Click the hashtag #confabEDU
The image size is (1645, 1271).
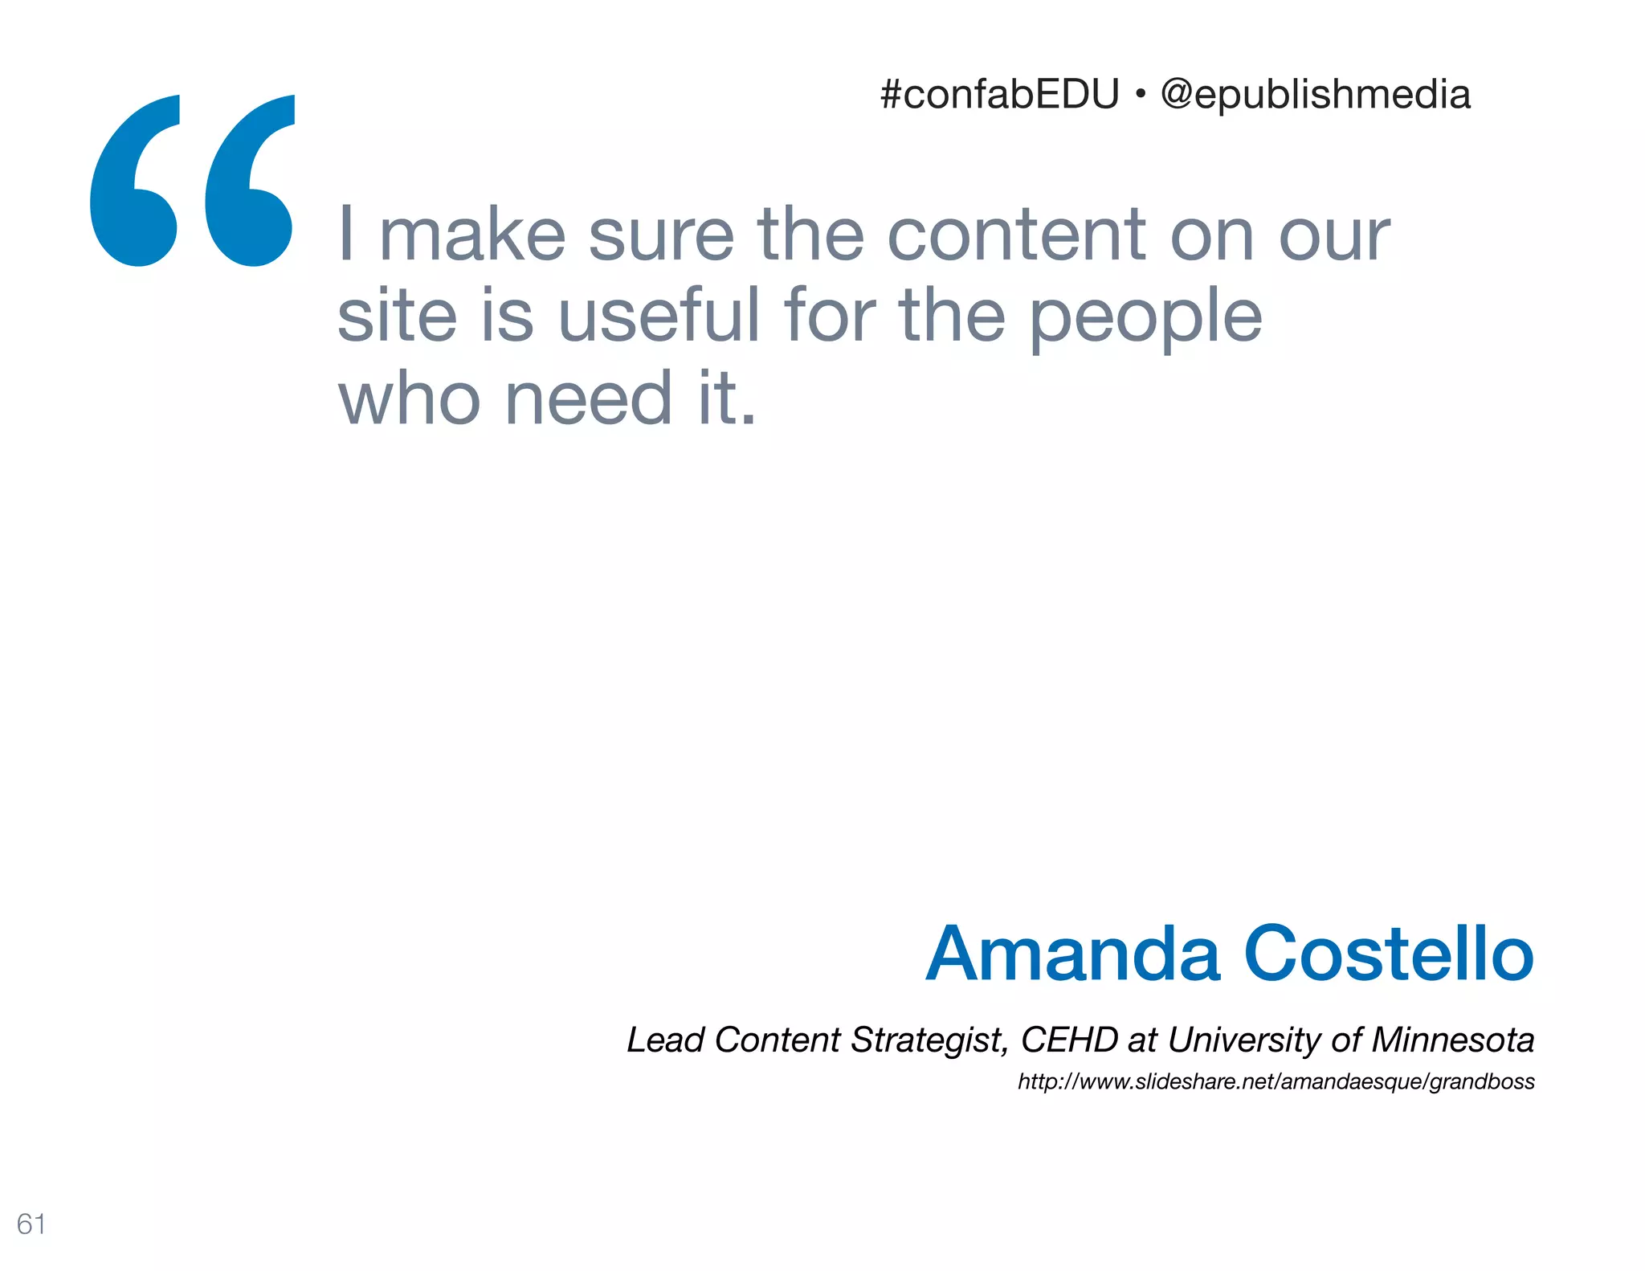(x=999, y=95)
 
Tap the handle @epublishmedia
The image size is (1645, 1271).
(x=1316, y=95)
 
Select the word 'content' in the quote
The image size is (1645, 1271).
(x=1017, y=235)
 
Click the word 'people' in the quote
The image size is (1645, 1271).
(x=1145, y=318)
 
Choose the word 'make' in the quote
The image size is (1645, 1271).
(x=472, y=235)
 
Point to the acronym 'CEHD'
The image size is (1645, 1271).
(x=1069, y=1040)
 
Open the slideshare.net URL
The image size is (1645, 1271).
(x=1276, y=1081)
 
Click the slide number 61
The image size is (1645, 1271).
(x=31, y=1224)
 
